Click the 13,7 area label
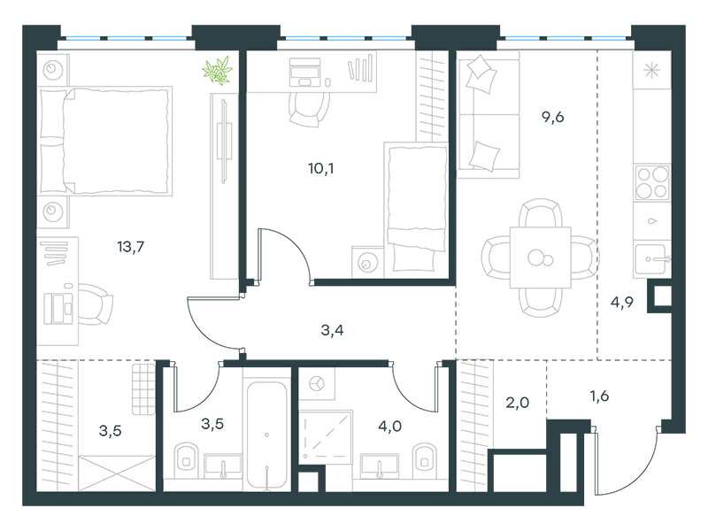pos(130,247)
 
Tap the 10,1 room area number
pos(321,168)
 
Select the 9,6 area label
pos(552,117)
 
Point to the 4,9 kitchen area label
pos(622,302)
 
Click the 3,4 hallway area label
pos(332,330)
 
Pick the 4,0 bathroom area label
pos(389,426)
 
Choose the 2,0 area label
pos(517,402)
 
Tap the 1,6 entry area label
pos(599,396)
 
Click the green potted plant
pos(217,71)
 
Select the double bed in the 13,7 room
pos(106,141)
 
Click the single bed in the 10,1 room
pos(416,210)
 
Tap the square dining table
pos(541,258)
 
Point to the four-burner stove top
pos(651,182)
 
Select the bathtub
pos(267,435)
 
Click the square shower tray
pos(326,436)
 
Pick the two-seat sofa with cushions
pos(489,114)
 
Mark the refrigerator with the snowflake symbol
pos(651,70)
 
